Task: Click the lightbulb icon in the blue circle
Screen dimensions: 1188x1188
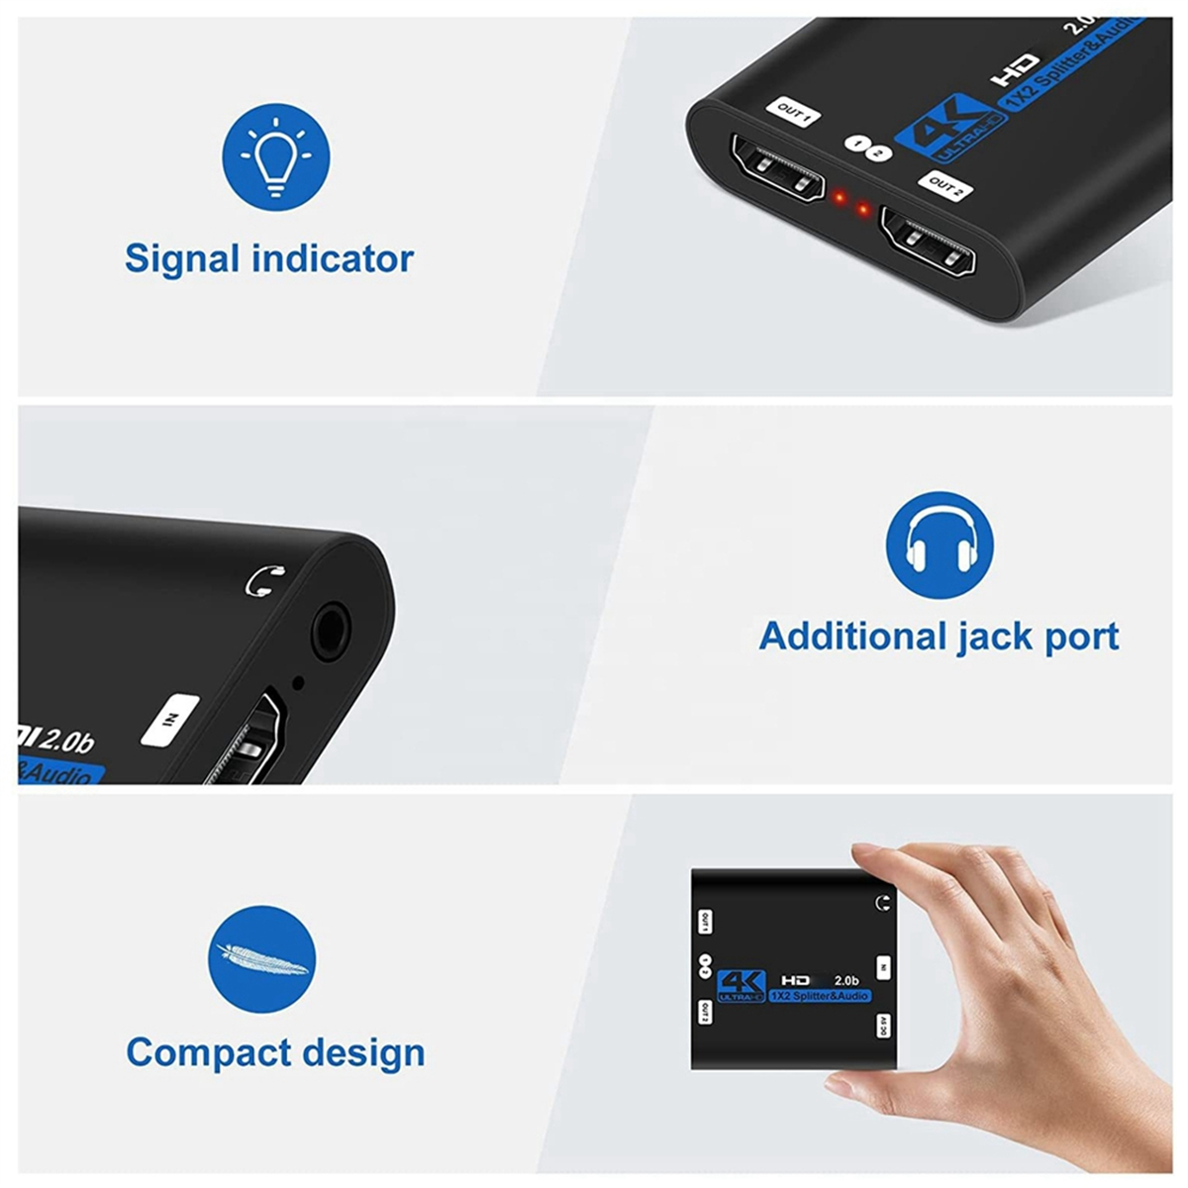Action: click(x=275, y=158)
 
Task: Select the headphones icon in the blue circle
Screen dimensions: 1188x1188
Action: click(x=939, y=545)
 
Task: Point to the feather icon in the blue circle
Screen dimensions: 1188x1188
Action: click(x=262, y=958)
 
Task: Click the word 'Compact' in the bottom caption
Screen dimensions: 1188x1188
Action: click(x=208, y=1052)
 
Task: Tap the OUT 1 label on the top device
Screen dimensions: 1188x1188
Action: click(x=794, y=113)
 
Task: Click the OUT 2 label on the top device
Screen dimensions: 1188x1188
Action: click(x=945, y=186)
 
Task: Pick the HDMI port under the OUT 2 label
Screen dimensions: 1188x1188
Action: click(x=929, y=247)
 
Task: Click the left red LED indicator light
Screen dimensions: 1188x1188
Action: click(x=839, y=198)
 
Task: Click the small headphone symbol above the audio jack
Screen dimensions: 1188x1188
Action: click(x=264, y=580)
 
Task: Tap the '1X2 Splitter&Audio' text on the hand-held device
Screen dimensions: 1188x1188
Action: click(x=820, y=996)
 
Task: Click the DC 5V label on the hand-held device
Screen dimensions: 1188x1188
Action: click(x=883, y=1027)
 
